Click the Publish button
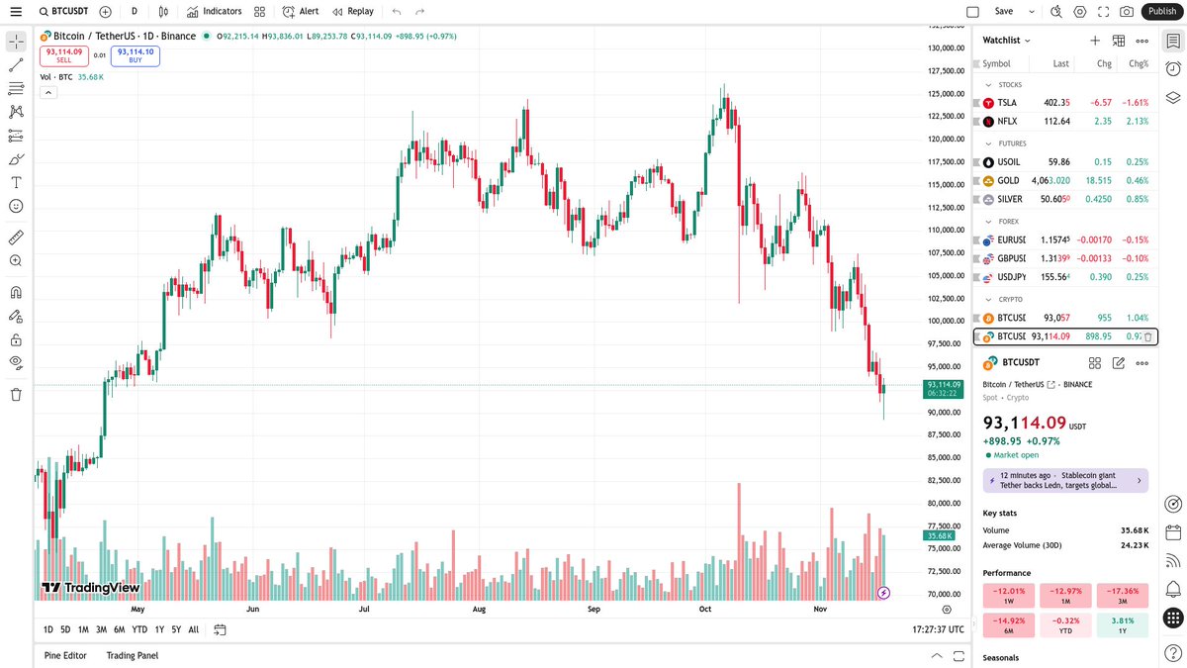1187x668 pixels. [x=1162, y=12]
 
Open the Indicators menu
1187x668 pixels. [x=214, y=12]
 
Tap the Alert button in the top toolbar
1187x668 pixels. [x=301, y=12]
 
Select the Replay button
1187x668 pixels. [x=353, y=12]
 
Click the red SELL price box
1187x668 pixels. [x=63, y=55]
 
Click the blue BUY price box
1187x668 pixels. [x=135, y=55]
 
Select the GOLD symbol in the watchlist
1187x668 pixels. [x=1008, y=181]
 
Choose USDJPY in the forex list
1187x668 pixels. [x=1011, y=277]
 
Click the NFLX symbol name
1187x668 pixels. [x=1007, y=122]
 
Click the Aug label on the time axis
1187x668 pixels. [x=479, y=610]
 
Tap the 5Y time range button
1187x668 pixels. [x=176, y=629]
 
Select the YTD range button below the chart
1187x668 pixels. [x=139, y=629]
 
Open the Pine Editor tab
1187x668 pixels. [x=65, y=655]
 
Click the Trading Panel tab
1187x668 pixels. [x=133, y=655]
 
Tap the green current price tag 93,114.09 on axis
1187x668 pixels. [x=943, y=388]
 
